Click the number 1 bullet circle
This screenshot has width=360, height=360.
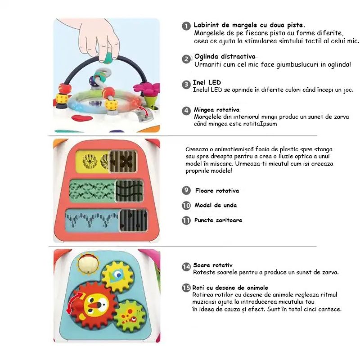tap(186, 27)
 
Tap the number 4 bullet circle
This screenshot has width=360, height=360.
tap(186, 111)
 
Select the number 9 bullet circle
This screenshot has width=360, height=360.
tap(186, 191)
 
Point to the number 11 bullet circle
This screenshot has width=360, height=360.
tap(186, 220)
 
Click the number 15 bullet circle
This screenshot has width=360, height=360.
tap(186, 288)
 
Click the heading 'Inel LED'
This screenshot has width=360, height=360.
tap(207, 83)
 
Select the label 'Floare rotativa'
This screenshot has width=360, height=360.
tap(217, 191)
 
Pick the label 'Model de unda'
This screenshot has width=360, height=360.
tap(216, 205)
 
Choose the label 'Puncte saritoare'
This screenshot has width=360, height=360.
tap(218, 220)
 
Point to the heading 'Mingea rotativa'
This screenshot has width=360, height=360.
tap(216, 109)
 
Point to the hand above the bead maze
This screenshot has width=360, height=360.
tap(101, 38)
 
